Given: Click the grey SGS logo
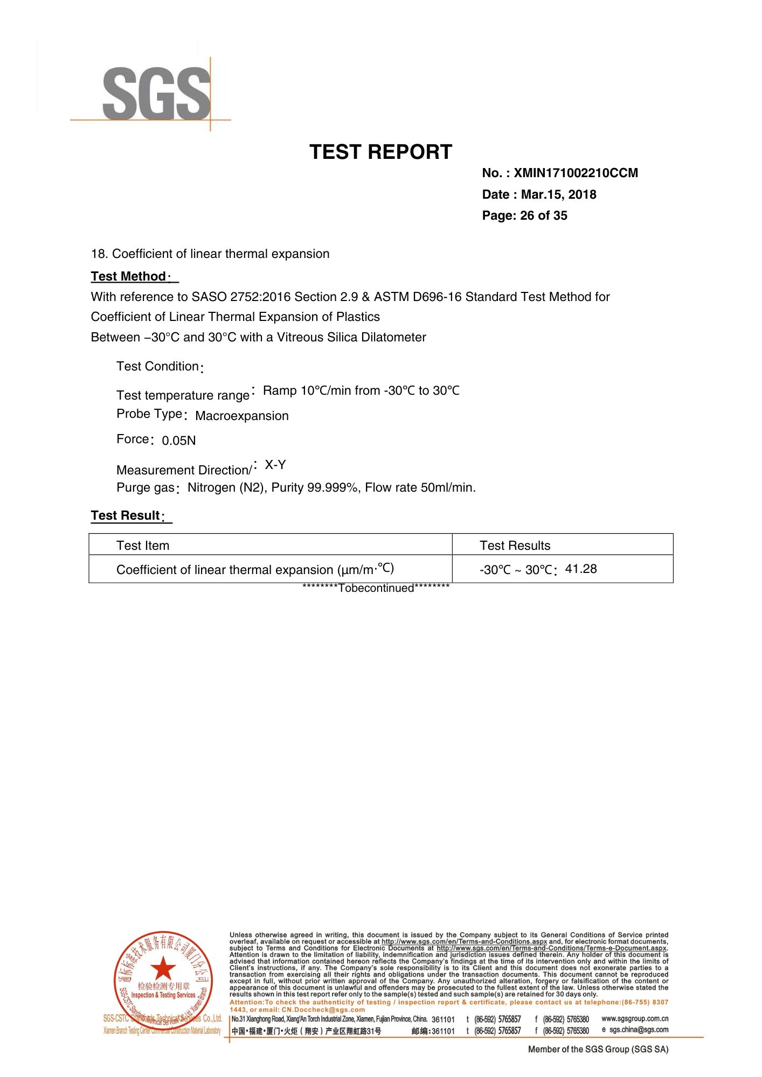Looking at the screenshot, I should (x=156, y=93).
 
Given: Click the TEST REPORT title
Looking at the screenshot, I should (x=380, y=152).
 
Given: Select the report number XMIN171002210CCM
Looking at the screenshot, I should (x=576, y=173).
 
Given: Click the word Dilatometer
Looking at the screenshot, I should (x=393, y=338).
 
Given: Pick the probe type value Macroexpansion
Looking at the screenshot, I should (x=241, y=416).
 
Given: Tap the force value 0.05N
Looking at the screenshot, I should (x=178, y=441).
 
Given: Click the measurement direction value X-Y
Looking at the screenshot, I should (x=275, y=465).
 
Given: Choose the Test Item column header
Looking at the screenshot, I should (x=143, y=546).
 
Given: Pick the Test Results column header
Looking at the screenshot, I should (x=515, y=546).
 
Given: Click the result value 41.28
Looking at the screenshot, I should (x=580, y=569).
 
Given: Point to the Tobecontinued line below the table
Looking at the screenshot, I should (x=376, y=589).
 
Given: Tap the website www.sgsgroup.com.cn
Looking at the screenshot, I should (x=635, y=1019).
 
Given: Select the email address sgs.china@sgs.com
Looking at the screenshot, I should (x=639, y=1030).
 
